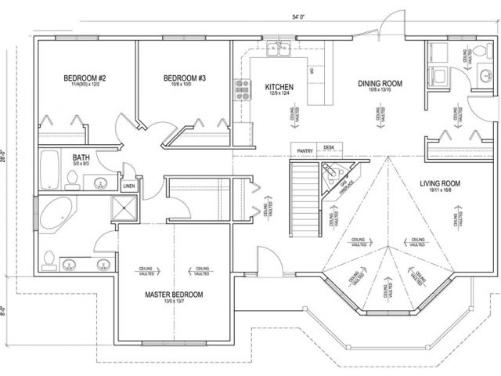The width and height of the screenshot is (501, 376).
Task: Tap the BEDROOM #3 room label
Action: point(185,78)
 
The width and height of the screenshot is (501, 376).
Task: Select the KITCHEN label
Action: point(279,86)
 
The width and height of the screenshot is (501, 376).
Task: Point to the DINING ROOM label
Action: point(380,84)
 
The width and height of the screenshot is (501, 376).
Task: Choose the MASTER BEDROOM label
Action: point(174,295)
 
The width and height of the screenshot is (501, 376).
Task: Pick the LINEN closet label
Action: point(129,186)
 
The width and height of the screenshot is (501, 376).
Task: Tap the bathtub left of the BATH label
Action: point(49,167)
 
